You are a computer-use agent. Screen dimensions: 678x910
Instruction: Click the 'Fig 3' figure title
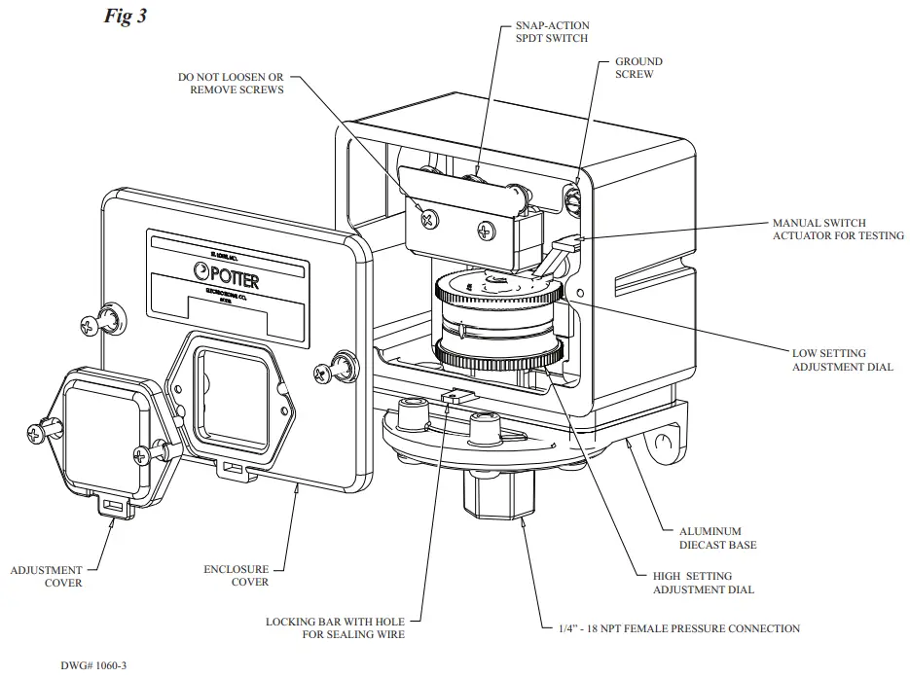click(x=126, y=17)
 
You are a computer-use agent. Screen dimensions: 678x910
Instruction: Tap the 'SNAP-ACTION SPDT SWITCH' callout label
click(x=552, y=32)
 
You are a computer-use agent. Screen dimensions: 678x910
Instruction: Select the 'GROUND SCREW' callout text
click(x=637, y=68)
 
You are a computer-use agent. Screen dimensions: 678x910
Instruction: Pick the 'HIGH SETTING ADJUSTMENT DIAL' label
click(x=703, y=584)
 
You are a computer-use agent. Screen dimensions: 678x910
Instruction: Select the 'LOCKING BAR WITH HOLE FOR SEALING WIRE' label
click(x=335, y=628)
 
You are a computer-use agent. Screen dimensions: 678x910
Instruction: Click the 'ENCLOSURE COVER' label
click(x=236, y=576)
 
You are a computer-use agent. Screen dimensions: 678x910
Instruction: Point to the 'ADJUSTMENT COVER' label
click(x=46, y=576)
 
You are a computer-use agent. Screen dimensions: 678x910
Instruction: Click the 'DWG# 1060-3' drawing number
click(x=93, y=665)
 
